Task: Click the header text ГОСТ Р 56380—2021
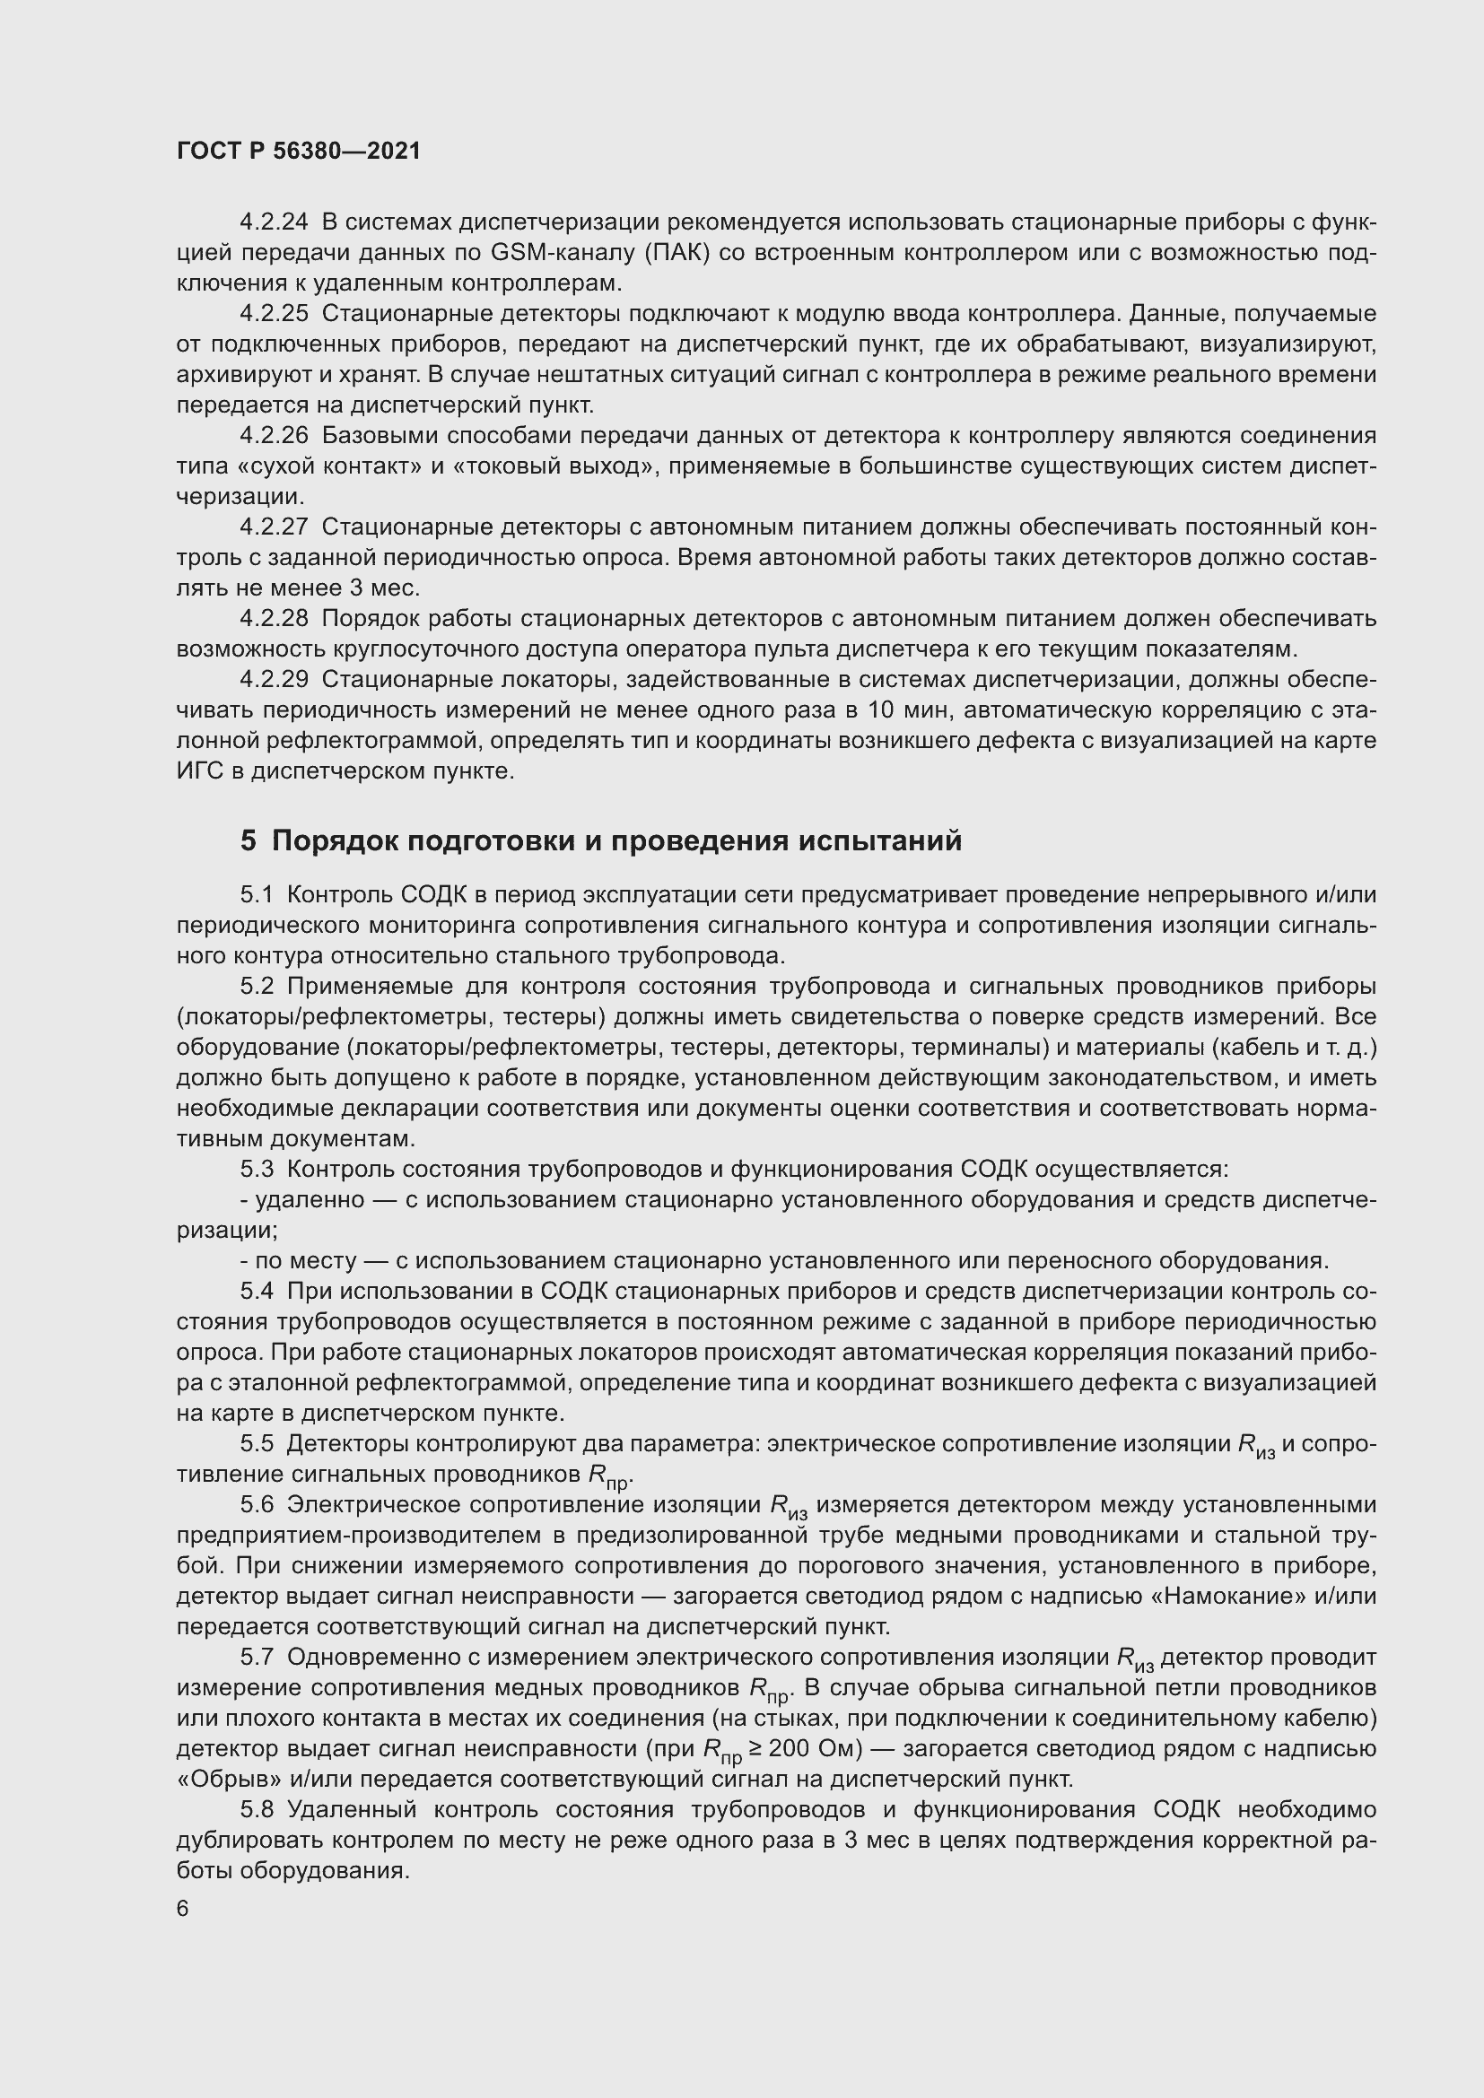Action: click(x=299, y=152)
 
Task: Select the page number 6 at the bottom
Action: click(x=183, y=1909)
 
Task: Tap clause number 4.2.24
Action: click(x=274, y=222)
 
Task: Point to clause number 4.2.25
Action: click(x=274, y=313)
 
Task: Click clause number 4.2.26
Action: click(x=274, y=436)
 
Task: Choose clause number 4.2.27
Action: click(x=274, y=527)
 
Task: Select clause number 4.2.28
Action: click(x=274, y=619)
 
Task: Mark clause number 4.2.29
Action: click(x=274, y=680)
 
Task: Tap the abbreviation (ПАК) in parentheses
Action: click(x=677, y=253)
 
